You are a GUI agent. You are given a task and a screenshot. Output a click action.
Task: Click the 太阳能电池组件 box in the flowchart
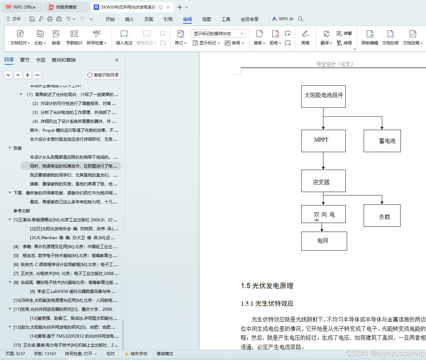pyautogui.click(x=323, y=96)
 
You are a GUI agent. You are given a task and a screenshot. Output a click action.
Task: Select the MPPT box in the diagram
pyautogui.click(x=323, y=140)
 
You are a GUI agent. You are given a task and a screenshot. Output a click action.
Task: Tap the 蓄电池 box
pyautogui.click(x=382, y=141)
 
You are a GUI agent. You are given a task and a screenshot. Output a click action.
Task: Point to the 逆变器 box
pyautogui.click(x=323, y=181)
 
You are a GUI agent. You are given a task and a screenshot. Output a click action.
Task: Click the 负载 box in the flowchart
pyautogui.click(x=382, y=216)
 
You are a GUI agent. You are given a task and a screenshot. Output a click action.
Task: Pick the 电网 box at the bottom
pyautogui.click(x=324, y=241)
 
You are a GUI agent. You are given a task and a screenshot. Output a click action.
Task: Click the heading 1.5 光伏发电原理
pyautogui.click(x=267, y=286)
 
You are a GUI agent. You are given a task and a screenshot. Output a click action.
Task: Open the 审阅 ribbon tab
pyautogui.click(x=187, y=19)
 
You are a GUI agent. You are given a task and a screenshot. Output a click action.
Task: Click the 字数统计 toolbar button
pyautogui.click(x=74, y=38)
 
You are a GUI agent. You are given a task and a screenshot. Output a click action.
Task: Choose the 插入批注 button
pyautogui.click(x=124, y=38)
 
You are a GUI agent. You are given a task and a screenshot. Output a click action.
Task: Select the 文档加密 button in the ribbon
pyautogui.click(x=390, y=38)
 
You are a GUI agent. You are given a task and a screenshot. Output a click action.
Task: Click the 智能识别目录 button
pyautogui.click(x=103, y=75)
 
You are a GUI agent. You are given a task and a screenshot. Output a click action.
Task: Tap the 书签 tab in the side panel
pyautogui.click(x=41, y=60)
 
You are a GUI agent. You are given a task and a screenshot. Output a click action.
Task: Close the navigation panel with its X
pyautogui.click(x=117, y=60)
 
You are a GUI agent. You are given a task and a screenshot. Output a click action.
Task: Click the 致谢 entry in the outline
pyautogui.click(x=18, y=148)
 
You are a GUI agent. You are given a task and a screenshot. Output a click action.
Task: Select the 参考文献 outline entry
pyautogui.click(x=22, y=211)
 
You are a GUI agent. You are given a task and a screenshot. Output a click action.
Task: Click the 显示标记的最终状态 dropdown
pyautogui.click(x=218, y=33)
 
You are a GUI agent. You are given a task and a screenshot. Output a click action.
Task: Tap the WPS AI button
pyautogui.click(x=283, y=19)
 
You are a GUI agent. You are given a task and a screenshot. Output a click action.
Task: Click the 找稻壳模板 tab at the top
pyautogui.click(x=66, y=7)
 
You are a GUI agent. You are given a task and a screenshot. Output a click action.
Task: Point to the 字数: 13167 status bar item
pyautogui.click(x=45, y=354)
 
